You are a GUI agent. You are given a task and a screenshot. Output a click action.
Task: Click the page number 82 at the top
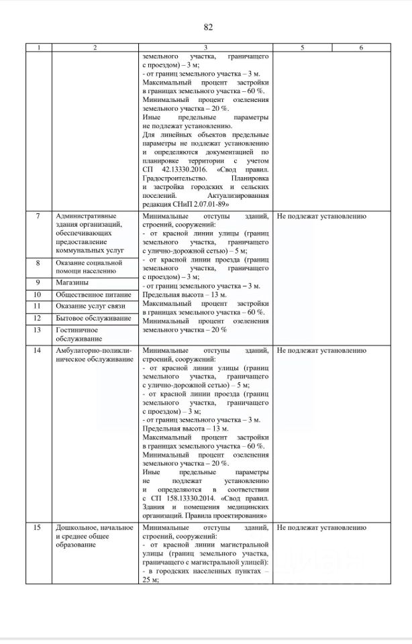pyautogui.click(x=207, y=27)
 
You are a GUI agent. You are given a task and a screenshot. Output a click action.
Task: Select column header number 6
pyautogui.click(x=361, y=48)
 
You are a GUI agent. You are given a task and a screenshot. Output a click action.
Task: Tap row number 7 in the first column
pyautogui.click(x=38, y=217)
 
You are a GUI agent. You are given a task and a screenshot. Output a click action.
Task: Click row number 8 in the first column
pyautogui.click(x=38, y=262)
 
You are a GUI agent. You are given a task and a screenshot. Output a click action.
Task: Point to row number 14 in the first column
pyautogui.click(x=38, y=351)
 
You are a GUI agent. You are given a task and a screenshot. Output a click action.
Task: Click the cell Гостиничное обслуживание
pyautogui.click(x=77, y=334)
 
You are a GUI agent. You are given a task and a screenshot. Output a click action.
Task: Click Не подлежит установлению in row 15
pyautogui.click(x=321, y=529)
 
